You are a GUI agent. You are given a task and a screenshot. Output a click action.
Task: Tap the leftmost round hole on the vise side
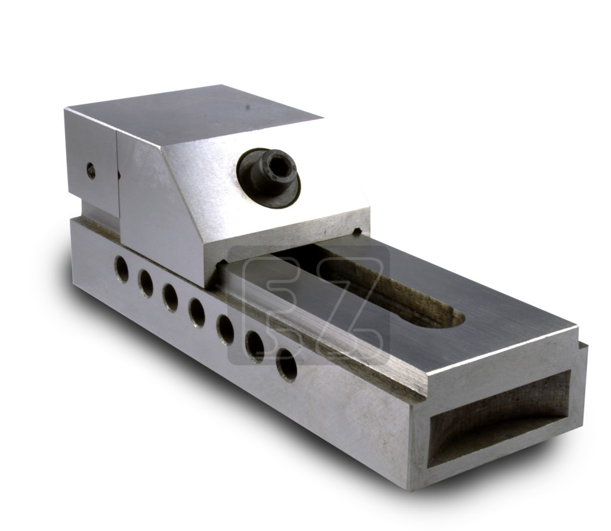[x=122, y=269]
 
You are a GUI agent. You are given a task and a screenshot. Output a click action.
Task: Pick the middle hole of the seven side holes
[x=197, y=311]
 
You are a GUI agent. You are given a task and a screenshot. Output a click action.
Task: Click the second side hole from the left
[x=146, y=283]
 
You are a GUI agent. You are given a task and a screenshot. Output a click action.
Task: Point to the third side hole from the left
[x=170, y=297]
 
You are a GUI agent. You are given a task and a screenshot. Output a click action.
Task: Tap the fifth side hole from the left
[x=225, y=328]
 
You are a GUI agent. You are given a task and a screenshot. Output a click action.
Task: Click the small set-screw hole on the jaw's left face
[x=91, y=171]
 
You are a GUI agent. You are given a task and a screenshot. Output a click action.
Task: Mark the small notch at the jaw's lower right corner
[x=357, y=230]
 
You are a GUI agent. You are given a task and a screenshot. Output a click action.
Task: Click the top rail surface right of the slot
[x=501, y=322]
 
